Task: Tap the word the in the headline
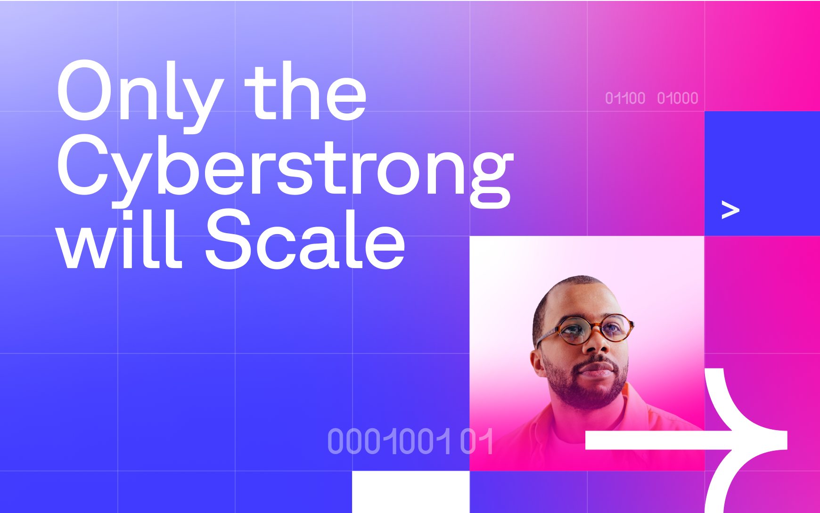point(305,90)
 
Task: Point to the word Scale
point(305,239)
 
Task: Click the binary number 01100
point(625,98)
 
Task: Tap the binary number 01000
point(677,98)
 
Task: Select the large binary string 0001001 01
point(410,441)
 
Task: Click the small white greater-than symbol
point(730,210)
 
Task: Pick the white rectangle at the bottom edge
point(410,492)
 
